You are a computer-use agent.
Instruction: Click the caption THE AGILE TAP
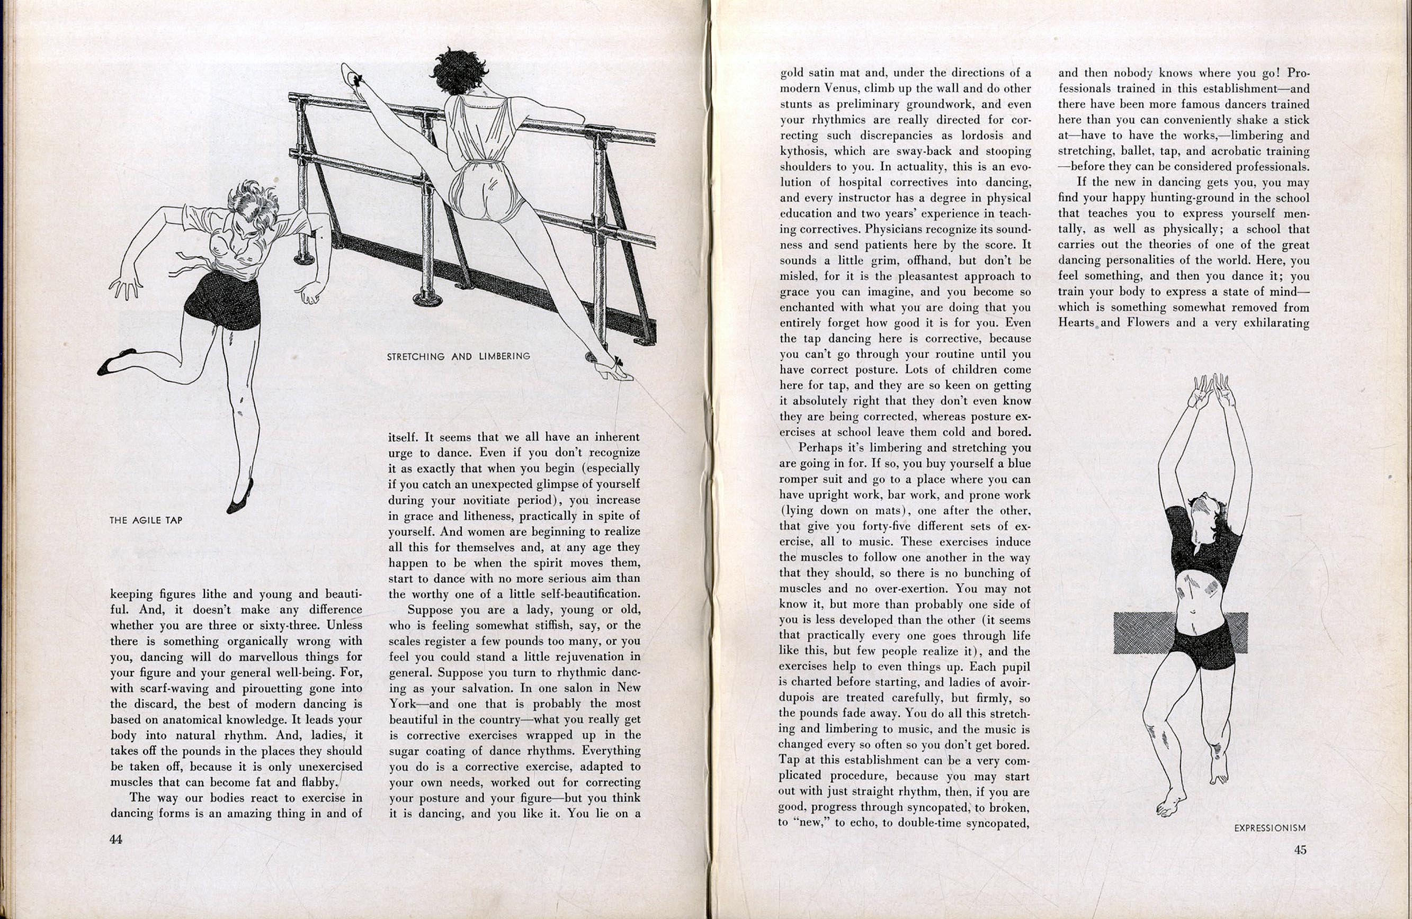146,520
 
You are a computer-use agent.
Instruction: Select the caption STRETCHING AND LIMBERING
458,356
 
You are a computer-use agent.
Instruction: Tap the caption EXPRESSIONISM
1270,828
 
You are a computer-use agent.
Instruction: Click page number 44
115,839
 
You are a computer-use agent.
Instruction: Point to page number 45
1300,850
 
